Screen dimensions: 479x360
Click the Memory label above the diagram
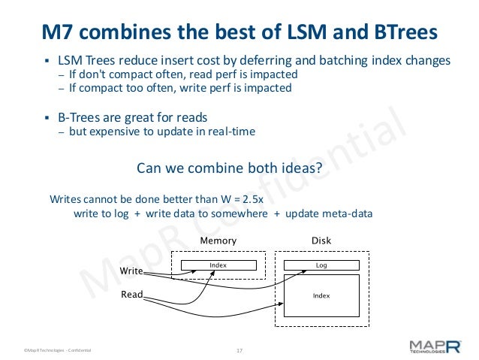218,241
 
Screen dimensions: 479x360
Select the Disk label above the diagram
321,241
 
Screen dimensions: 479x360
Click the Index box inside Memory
218,265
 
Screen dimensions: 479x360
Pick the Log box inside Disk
321,265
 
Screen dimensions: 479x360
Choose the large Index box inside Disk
321,296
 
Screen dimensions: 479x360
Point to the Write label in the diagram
131,269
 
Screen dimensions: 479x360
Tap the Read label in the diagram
131,295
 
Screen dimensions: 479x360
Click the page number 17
240,350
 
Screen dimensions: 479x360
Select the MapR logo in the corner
435,346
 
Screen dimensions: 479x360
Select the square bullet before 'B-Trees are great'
47,118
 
